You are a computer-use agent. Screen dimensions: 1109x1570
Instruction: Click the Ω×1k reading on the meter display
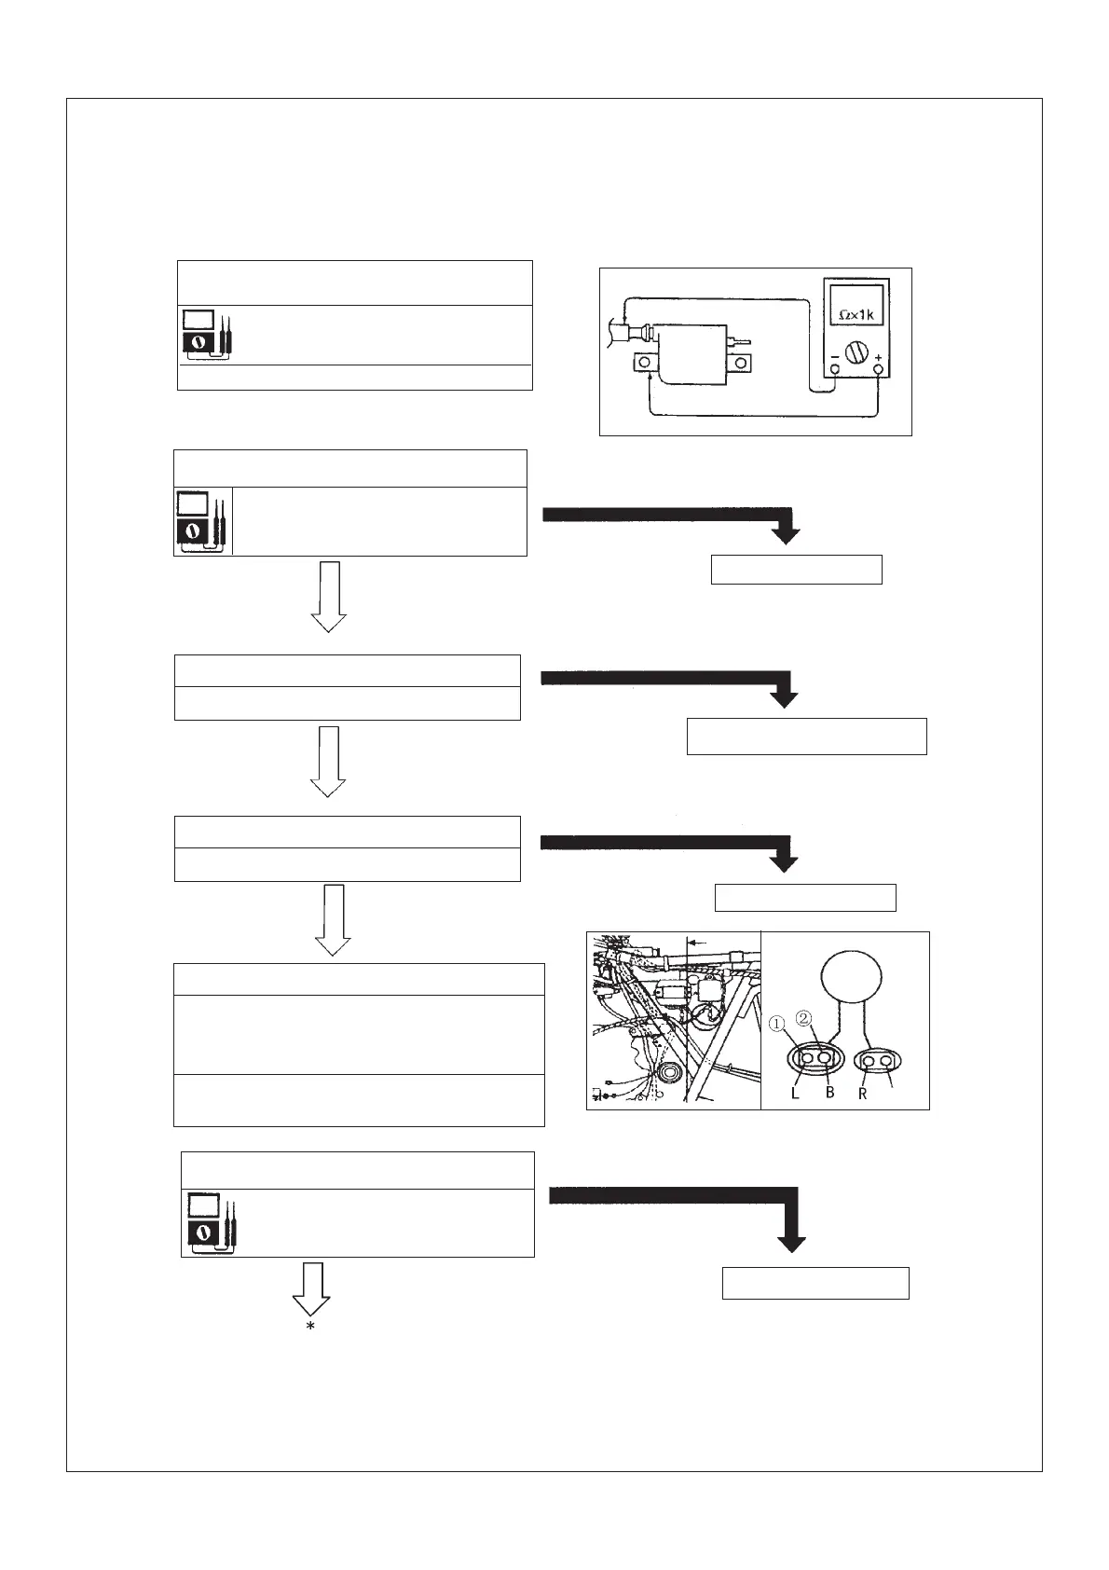(856, 315)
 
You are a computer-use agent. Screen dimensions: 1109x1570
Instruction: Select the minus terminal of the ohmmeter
(834, 369)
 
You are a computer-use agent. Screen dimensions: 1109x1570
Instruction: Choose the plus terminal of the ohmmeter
(878, 369)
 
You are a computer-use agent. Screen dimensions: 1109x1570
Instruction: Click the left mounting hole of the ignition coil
(644, 362)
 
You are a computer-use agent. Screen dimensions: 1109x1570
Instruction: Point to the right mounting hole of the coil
(741, 362)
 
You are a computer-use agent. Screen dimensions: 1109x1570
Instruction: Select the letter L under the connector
(795, 1094)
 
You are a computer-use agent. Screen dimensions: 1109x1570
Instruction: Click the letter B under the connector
(830, 1094)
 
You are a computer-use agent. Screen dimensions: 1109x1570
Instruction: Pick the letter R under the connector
(863, 1094)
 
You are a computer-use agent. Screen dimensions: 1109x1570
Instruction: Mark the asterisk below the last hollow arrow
(310, 1327)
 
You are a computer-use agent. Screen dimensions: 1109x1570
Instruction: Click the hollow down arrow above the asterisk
(311, 1288)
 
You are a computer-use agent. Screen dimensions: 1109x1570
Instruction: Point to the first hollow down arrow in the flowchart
(328, 597)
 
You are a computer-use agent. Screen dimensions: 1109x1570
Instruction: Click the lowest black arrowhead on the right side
(791, 1243)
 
